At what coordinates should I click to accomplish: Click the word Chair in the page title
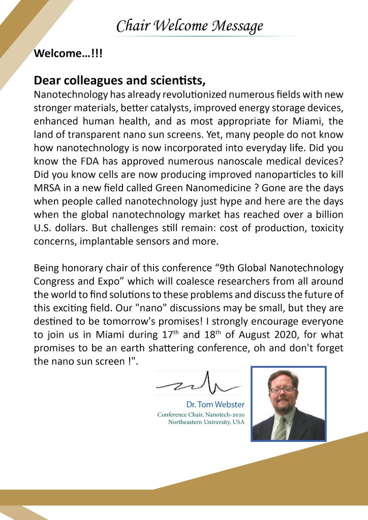(130, 26)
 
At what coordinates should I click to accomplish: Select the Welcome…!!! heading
(68, 53)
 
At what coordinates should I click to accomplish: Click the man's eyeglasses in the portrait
(283, 389)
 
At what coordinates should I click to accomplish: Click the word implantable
(103, 241)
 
